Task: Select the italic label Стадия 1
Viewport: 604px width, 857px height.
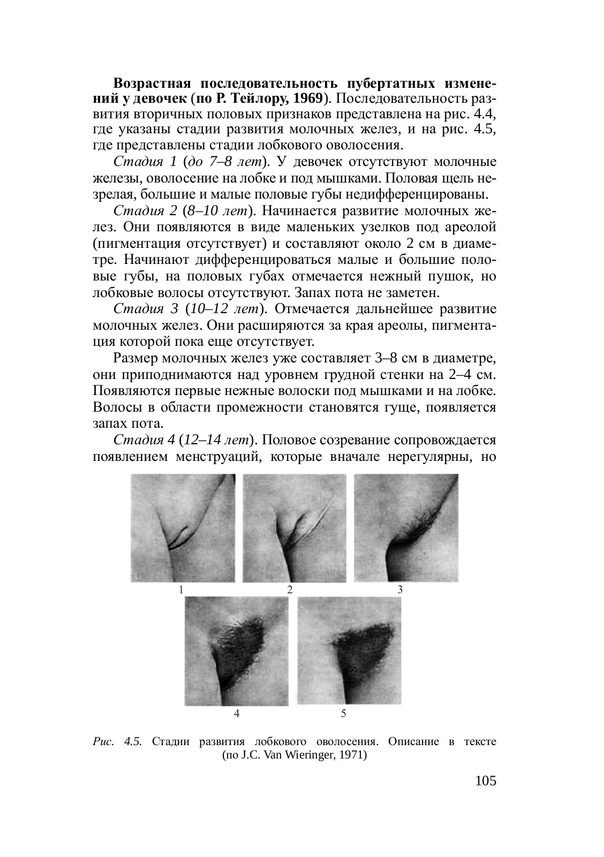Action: coord(145,162)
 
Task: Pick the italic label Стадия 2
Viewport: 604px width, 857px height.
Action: coord(145,210)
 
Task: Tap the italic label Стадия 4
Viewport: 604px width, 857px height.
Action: coord(145,440)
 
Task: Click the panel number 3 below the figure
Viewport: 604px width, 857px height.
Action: coord(399,590)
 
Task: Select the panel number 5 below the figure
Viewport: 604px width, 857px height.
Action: coord(343,713)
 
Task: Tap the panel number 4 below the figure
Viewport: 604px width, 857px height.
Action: coord(237,713)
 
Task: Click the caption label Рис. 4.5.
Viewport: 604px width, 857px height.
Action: coord(117,742)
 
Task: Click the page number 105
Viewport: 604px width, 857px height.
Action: coord(486,781)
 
